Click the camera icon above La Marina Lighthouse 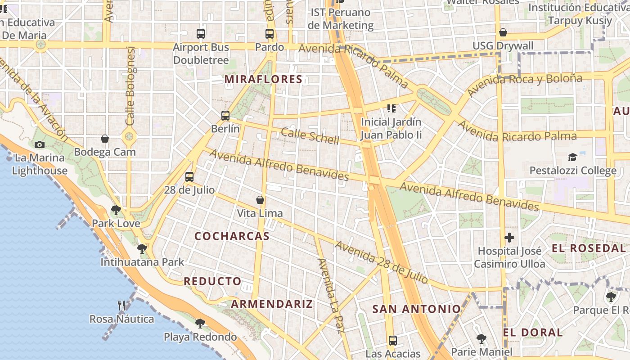(40, 144)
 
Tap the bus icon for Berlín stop (225, 116)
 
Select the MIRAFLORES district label (263, 80)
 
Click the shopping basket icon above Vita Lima (260, 200)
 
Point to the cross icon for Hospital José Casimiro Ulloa (509, 237)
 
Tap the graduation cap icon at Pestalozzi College (572, 157)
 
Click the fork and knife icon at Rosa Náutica (121, 306)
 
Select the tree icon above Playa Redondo (200, 323)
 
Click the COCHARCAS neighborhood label (232, 236)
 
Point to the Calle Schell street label (310, 136)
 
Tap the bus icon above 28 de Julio (189, 176)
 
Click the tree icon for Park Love (116, 210)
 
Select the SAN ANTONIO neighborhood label (417, 309)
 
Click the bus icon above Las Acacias (393, 340)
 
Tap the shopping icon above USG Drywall (503, 32)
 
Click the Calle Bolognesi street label (130, 85)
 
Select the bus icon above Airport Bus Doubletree (201, 33)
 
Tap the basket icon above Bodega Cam (105, 139)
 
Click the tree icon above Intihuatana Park (142, 248)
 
